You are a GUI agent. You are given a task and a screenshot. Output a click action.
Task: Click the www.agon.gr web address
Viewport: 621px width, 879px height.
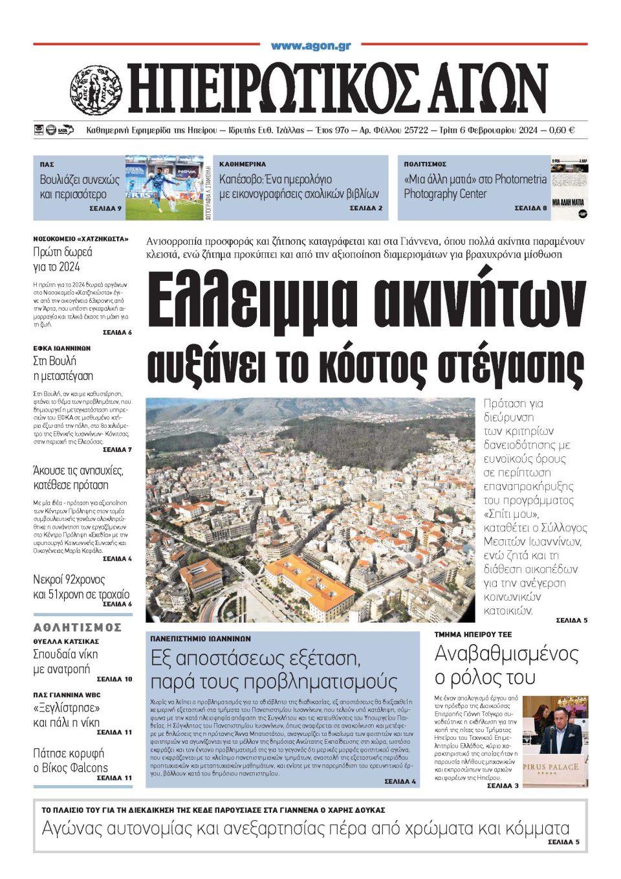(310, 46)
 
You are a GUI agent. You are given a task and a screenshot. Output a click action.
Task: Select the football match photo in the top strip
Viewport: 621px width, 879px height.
(164, 187)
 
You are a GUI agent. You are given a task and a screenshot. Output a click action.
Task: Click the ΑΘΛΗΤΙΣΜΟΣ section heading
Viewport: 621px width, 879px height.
(77, 627)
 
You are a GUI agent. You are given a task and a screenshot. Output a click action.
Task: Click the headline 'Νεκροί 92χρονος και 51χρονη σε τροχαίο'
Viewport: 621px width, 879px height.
(81, 586)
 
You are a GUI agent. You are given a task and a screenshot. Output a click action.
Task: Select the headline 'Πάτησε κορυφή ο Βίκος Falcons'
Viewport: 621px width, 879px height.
(71, 761)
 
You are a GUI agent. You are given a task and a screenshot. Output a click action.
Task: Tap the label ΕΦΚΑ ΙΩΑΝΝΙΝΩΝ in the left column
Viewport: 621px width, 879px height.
(61, 348)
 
